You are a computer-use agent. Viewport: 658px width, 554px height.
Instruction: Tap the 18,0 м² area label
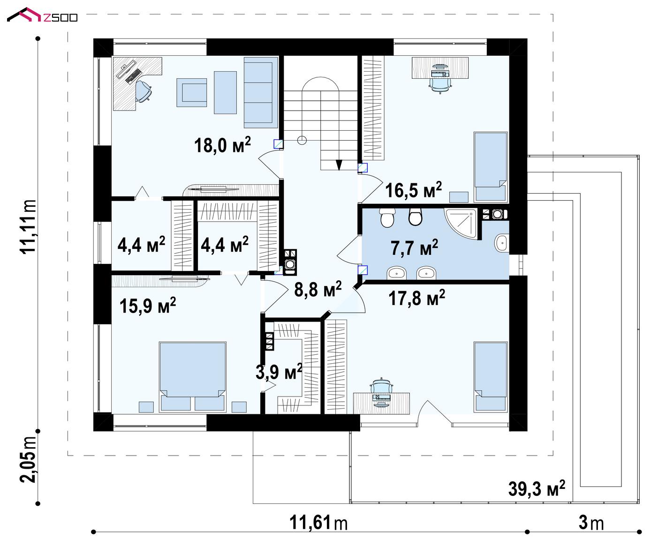coord(222,145)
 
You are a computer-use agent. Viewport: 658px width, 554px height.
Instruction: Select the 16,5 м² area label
coord(414,190)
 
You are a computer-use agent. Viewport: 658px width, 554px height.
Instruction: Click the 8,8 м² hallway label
coord(318,289)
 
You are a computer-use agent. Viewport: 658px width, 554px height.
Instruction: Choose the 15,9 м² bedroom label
coord(147,306)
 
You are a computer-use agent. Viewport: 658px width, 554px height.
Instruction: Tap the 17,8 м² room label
coord(416,298)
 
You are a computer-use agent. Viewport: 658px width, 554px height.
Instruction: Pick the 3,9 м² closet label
coord(279,372)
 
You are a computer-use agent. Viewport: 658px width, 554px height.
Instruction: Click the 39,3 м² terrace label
coord(537,489)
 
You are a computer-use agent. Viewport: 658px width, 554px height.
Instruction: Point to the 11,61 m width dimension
coord(318,523)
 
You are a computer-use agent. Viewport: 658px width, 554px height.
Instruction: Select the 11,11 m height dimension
coord(28,226)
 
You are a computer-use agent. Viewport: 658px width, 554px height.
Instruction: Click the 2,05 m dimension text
coord(28,459)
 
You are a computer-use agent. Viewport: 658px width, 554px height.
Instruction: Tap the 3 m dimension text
coord(591,523)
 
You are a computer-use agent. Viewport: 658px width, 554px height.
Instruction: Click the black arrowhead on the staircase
coord(339,165)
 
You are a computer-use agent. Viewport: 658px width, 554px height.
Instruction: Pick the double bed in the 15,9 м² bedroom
coord(193,377)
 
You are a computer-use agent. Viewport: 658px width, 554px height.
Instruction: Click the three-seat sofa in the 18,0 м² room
coord(260,92)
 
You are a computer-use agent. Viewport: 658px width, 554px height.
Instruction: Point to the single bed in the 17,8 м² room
coord(491,377)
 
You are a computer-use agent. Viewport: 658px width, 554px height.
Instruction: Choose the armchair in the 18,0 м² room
coord(192,93)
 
